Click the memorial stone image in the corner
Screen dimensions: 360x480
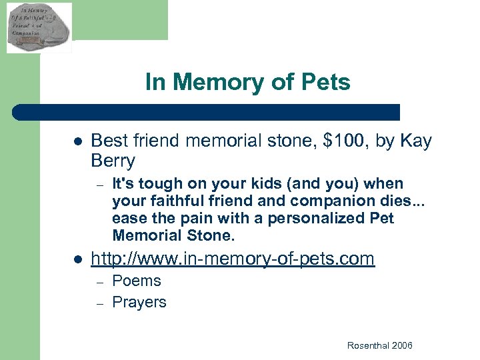tap(39, 27)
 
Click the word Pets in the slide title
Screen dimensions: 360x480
tap(325, 82)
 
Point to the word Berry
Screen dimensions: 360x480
tap(113, 161)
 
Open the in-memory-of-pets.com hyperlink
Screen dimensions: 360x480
tap(233, 259)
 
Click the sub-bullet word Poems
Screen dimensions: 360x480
tap(137, 281)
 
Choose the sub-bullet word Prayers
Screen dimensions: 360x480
tap(139, 302)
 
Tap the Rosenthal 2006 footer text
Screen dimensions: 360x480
tap(379, 345)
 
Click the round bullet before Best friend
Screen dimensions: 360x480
tap(77, 142)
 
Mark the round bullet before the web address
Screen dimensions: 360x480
tap(77, 259)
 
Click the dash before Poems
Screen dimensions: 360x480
tap(99, 281)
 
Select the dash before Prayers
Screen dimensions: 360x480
tap(99, 303)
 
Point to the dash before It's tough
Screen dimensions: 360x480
tap(99, 184)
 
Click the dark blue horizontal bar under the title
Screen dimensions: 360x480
tap(207, 112)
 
